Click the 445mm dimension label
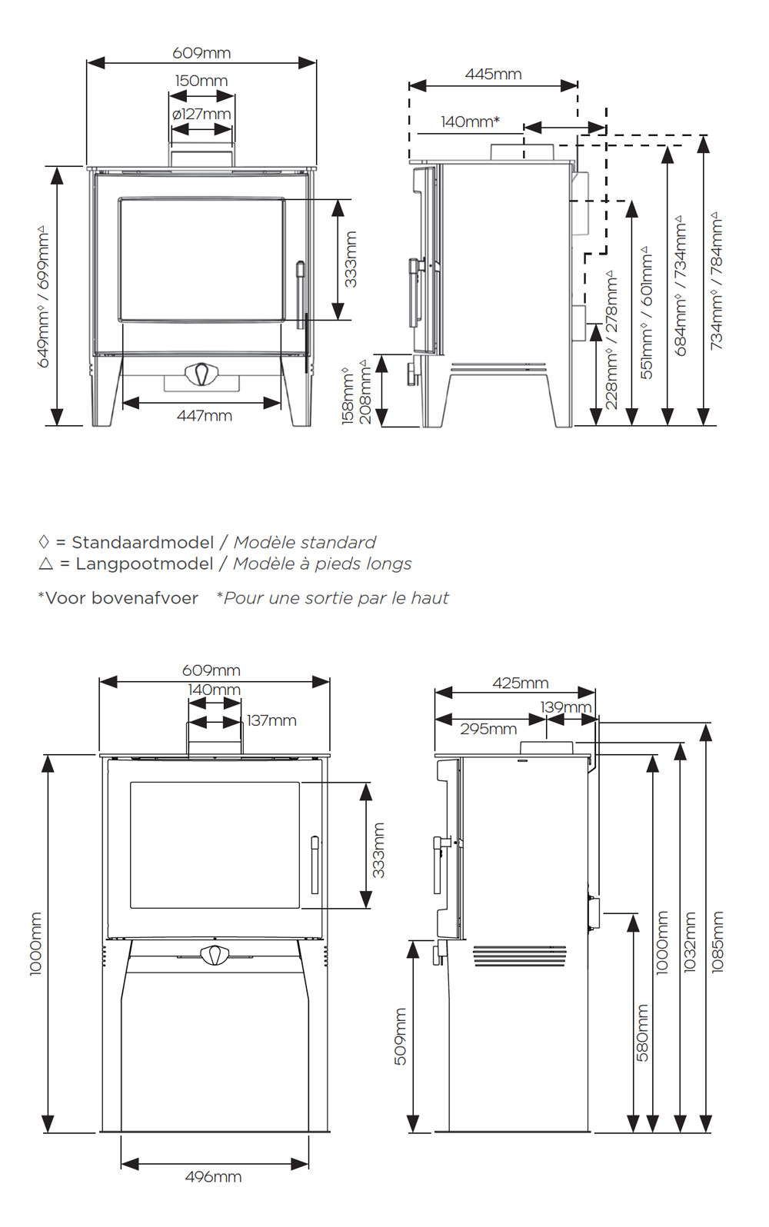click(493, 75)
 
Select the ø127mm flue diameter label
click(201, 115)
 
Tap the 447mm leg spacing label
click(204, 416)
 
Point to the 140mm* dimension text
click(470, 121)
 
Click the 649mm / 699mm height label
click(44, 296)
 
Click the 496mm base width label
click(213, 1177)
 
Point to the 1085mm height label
click(717, 942)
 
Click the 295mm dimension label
click(488, 729)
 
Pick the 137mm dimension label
click(271, 720)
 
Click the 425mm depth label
click(521, 683)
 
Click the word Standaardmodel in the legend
click(142, 542)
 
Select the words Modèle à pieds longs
click(322, 564)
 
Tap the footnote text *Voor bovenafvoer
click(118, 598)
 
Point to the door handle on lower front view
click(314, 865)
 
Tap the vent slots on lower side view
click(519, 956)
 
